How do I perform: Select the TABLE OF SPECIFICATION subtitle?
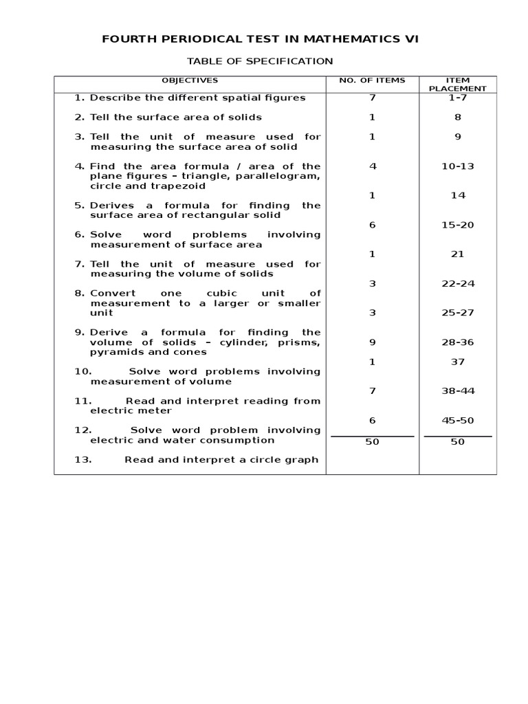coord(260,61)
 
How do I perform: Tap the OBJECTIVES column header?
coord(190,80)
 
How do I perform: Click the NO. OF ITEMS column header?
coord(372,80)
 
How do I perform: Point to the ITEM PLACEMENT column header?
coord(457,84)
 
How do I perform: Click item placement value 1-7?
coord(457,98)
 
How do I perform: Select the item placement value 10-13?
coord(457,166)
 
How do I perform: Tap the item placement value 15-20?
coord(457,225)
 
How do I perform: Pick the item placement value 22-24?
coord(457,283)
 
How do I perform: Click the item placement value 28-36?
coord(457,342)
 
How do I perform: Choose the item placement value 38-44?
coord(457,391)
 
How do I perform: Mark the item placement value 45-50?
coord(457,420)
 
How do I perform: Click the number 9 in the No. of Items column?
coord(372,342)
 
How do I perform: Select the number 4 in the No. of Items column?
coord(372,166)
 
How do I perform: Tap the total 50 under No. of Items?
coord(372,442)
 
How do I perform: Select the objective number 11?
coord(82,401)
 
